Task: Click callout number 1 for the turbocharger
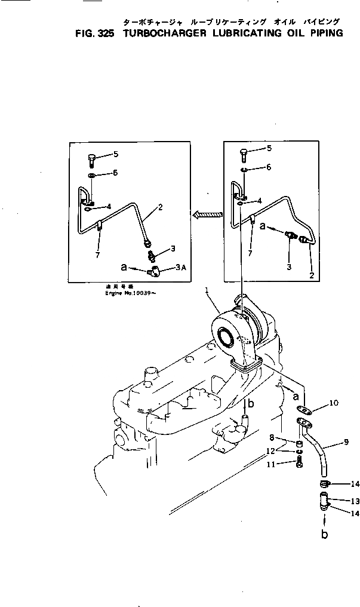point(206,291)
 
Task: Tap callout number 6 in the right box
point(269,167)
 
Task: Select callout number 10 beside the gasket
point(333,403)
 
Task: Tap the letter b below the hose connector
point(324,534)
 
